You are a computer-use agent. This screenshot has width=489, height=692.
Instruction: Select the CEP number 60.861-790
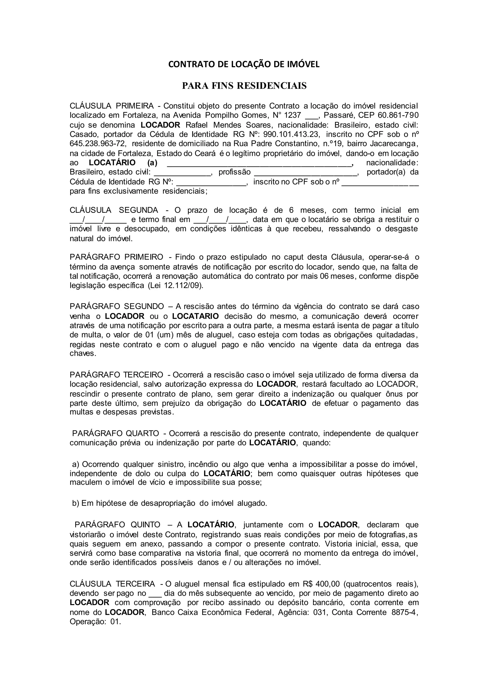pyautogui.click(x=398, y=115)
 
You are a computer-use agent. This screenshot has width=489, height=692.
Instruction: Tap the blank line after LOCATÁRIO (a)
pyautogui.click(x=259, y=163)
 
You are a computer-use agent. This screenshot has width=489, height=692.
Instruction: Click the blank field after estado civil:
pyautogui.click(x=182, y=173)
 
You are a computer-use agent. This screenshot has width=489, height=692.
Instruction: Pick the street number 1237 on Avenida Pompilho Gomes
pyautogui.click(x=292, y=115)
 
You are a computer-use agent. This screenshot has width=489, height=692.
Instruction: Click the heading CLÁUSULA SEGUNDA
pyautogui.click(x=114, y=210)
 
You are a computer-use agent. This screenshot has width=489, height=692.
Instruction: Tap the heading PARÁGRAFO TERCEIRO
pyautogui.click(x=116, y=375)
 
